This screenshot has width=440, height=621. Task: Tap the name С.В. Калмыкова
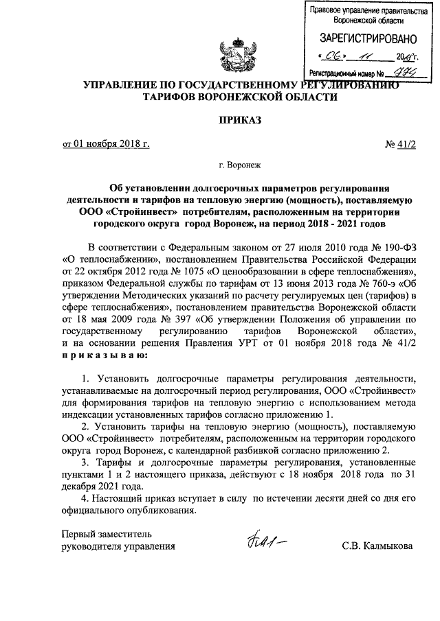[x=377, y=546]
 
